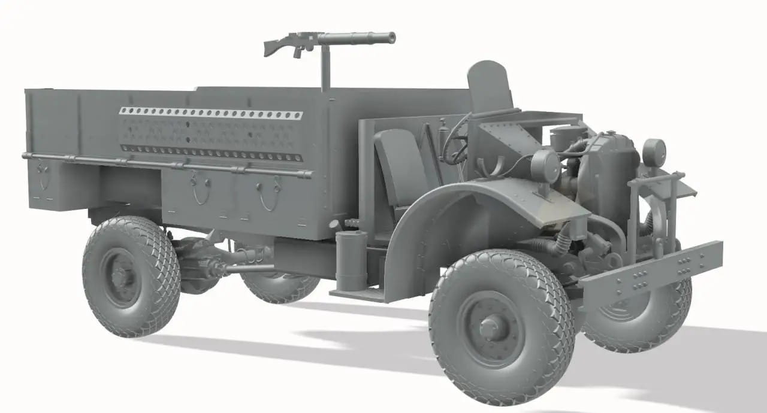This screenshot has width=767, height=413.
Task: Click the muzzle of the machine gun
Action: coord(392,37)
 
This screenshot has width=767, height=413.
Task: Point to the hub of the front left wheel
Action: coord(491,327)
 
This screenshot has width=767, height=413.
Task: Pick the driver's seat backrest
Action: coord(400,162)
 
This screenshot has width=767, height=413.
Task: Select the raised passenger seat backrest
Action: coord(490,86)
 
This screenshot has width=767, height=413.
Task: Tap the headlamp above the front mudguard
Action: coord(545,166)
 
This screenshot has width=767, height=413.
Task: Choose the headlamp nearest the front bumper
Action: coord(654,152)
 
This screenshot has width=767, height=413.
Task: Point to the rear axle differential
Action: coord(198,263)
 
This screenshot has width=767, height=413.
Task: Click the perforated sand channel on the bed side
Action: coord(210,113)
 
